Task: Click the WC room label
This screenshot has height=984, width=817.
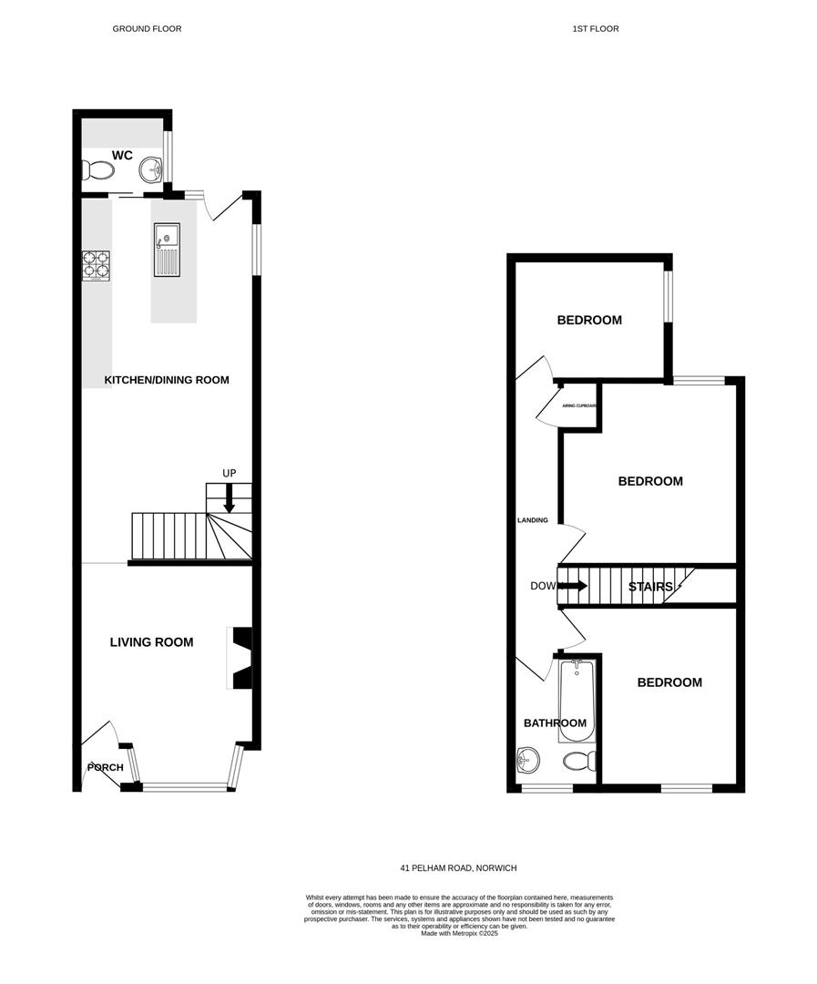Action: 123,156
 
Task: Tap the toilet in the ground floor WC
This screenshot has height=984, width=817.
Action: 97,170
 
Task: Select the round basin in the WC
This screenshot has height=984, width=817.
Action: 151,169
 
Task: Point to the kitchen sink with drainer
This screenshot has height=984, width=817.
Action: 166,249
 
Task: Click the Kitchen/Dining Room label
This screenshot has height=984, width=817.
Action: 167,380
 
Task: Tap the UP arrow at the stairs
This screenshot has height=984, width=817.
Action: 230,497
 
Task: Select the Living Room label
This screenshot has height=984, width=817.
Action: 151,642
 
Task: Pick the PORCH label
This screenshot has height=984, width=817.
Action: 105,768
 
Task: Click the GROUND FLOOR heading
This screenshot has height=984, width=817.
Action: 147,29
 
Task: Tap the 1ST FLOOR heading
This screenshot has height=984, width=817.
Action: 596,29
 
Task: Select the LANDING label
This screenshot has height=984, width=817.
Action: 533,520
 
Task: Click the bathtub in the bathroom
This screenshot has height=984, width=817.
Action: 577,702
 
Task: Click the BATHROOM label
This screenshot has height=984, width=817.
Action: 555,723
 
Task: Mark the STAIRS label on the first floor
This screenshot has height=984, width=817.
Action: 650,587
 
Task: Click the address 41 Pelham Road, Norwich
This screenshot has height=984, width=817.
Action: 459,868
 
